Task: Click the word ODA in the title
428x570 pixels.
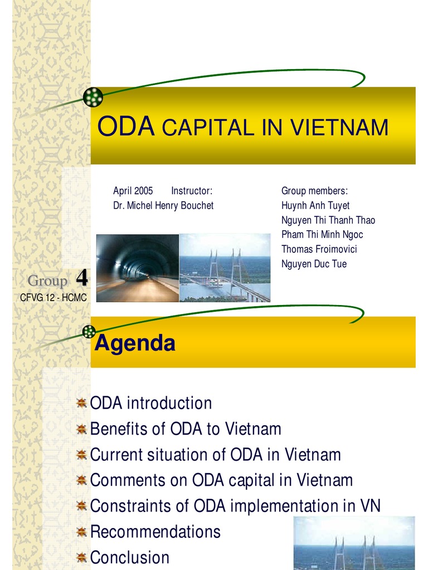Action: pos(125,127)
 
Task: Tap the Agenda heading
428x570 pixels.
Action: pos(135,343)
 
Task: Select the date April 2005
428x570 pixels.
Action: pos(133,191)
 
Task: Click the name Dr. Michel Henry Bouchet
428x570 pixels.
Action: pos(163,205)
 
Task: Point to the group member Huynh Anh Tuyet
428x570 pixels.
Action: pos(315,205)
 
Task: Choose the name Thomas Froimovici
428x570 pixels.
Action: pos(319,249)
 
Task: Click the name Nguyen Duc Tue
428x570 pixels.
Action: pos(314,264)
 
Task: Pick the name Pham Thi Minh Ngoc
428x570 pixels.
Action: pos(322,234)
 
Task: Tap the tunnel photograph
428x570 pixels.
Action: pos(138,268)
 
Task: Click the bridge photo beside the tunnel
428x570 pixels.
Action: pos(225,268)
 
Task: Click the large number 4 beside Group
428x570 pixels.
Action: pos(81,278)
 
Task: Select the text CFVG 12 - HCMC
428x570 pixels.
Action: pos(53,298)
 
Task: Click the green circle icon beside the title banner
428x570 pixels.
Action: pos(93,97)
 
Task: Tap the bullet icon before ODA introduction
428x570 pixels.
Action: pos(81,403)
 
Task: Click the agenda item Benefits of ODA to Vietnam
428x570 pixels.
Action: pos(185,429)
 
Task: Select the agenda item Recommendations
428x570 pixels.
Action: pos(155,532)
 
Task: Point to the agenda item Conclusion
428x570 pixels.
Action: pos(129,557)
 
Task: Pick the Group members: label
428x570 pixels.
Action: pos(314,191)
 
